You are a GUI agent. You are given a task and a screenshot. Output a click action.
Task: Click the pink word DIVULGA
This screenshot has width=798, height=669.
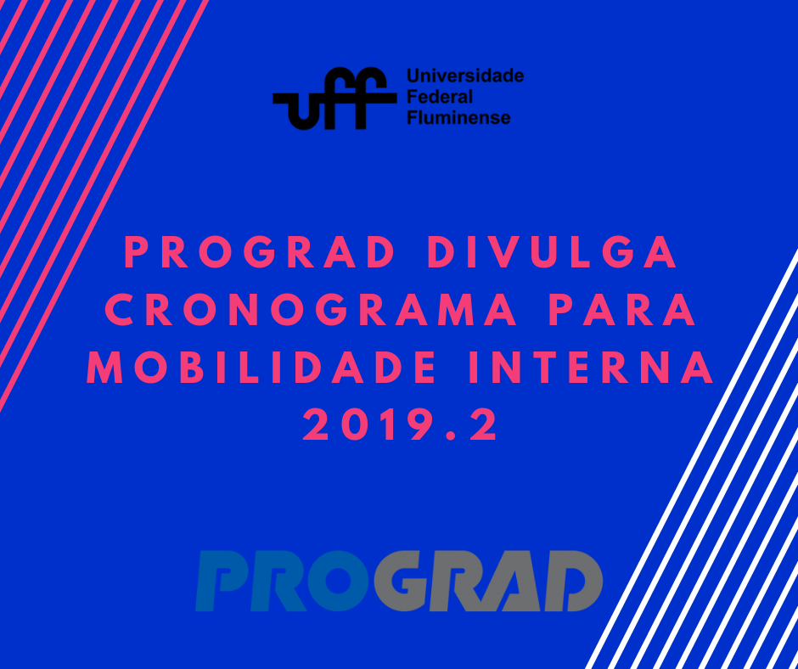coord(553,254)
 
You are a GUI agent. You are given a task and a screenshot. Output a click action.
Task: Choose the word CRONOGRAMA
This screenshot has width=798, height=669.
coord(311,312)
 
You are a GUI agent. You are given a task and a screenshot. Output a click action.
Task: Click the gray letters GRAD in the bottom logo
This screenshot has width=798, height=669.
coord(489,582)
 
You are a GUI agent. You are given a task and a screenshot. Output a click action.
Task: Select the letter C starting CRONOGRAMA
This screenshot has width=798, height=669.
coord(118,312)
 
